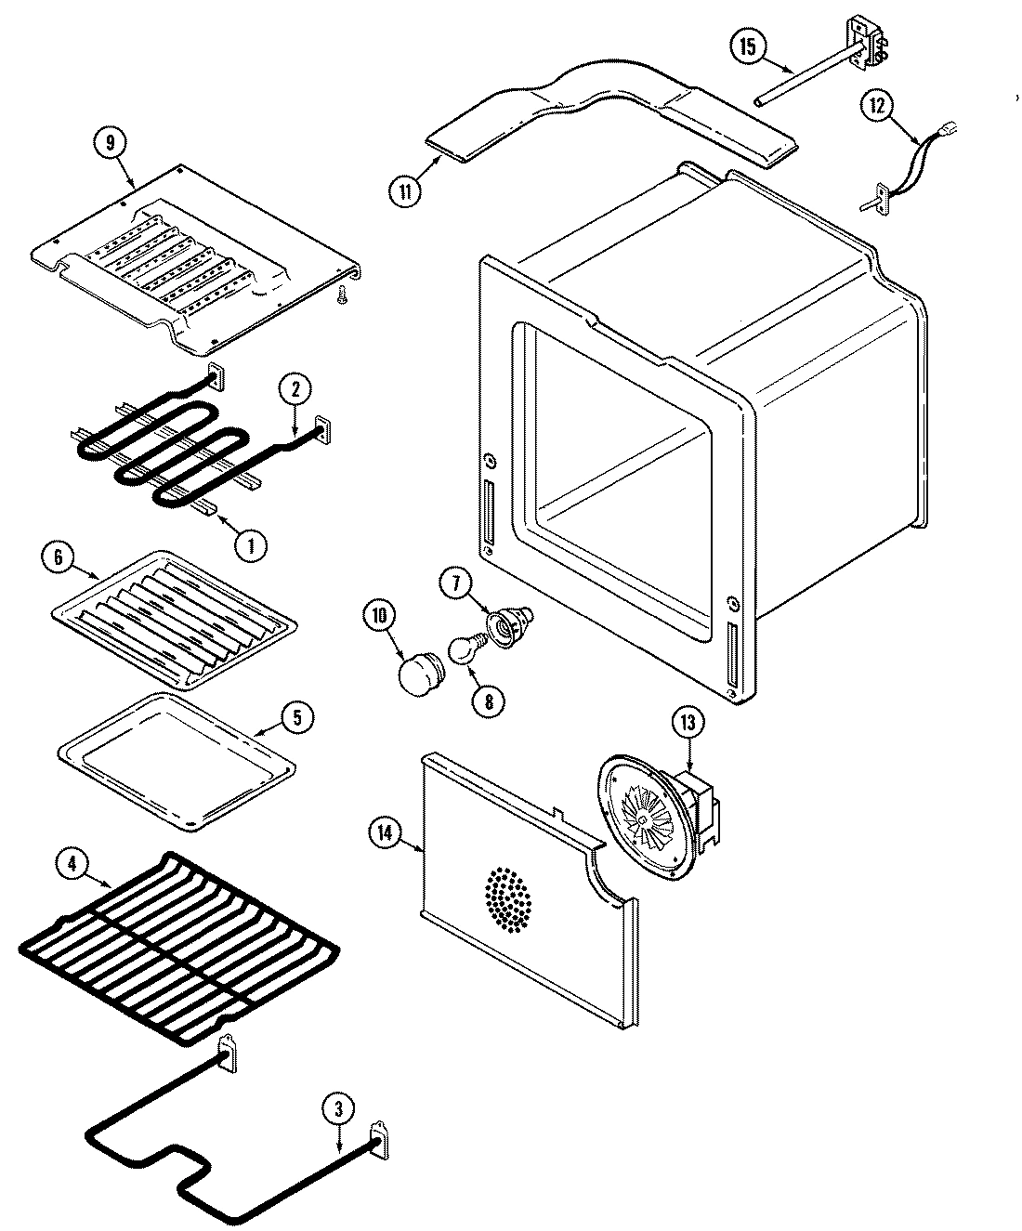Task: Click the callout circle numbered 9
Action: (x=111, y=143)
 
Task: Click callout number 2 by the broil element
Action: (x=295, y=391)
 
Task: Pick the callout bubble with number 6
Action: (x=57, y=557)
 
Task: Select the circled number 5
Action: (x=297, y=718)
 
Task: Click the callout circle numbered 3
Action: (x=338, y=1108)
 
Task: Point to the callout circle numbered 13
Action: (x=689, y=721)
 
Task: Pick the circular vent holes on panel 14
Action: (x=508, y=898)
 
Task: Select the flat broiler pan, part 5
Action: (x=177, y=760)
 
